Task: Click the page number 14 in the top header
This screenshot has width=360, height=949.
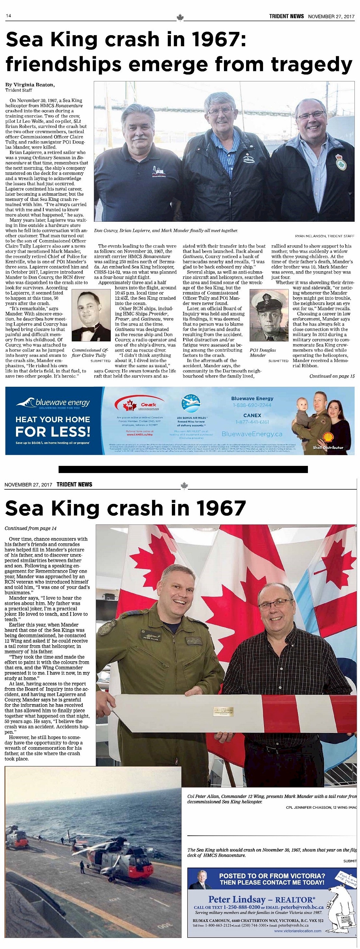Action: pyautogui.click(x=8, y=16)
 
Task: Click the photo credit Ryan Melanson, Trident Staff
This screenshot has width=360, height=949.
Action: pyautogui.click(x=325, y=236)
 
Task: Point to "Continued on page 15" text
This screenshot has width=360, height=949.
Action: pyautogui.click(x=332, y=376)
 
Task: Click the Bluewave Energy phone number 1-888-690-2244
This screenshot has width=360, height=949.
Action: pyautogui.click(x=252, y=405)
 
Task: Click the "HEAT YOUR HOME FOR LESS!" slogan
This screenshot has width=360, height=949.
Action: pyautogui.click(x=53, y=426)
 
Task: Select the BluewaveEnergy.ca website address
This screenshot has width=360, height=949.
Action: pyautogui.click(x=252, y=434)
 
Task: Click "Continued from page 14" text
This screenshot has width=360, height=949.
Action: pyautogui.click(x=31, y=528)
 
